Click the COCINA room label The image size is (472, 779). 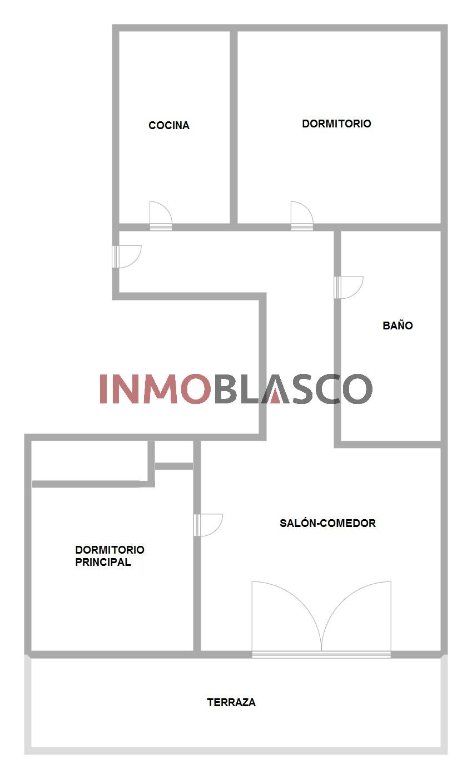click(x=169, y=125)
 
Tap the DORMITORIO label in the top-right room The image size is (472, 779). click(x=336, y=124)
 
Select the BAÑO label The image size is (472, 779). click(x=398, y=326)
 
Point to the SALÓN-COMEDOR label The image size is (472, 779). click(x=328, y=523)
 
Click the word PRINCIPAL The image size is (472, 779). click(x=103, y=562)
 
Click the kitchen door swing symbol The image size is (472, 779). click(x=161, y=216)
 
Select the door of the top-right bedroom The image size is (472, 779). click(x=302, y=216)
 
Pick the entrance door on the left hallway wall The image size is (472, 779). click(x=127, y=257)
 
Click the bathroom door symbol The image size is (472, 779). click(x=349, y=287)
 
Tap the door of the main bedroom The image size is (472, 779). click(x=208, y=525)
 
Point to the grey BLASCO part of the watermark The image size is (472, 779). click(x=294, y=389)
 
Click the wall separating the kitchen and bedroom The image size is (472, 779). click(x=234, y=127)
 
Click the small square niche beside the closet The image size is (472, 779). click(x=174, y=452)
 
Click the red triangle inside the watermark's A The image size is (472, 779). click(x=275, y=396)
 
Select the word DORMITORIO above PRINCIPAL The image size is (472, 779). click(x=110, y=550)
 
